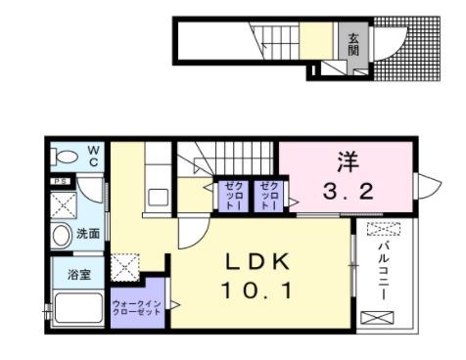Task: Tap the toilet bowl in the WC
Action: coord(68,156)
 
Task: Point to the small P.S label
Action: coord(60,180)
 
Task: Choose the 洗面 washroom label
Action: coord(88,234)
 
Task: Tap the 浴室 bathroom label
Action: coord(79,274)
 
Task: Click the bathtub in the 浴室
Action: coord(79,309)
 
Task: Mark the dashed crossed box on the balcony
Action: coord(383,230)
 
